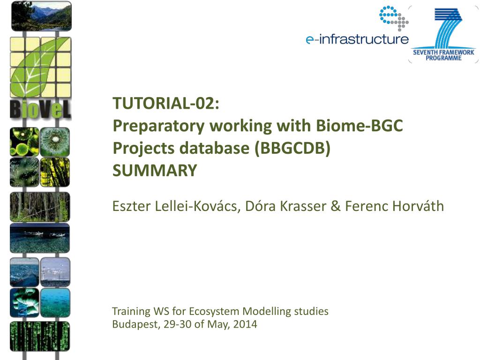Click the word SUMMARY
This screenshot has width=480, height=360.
point(155,171)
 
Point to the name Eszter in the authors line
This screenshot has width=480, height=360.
point(131,206)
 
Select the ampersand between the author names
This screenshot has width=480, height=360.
point(336,206)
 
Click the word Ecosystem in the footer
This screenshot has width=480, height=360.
point(214,311)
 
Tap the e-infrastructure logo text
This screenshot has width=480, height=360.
point(357,39)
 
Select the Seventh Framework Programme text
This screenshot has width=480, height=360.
point(443,55)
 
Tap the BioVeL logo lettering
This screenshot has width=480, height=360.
point(40,109)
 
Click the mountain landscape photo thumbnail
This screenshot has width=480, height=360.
point(41,16)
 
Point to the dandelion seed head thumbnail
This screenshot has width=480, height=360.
point(55,142)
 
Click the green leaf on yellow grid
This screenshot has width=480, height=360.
point(40,67)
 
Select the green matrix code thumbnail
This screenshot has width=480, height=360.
point(40,336)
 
